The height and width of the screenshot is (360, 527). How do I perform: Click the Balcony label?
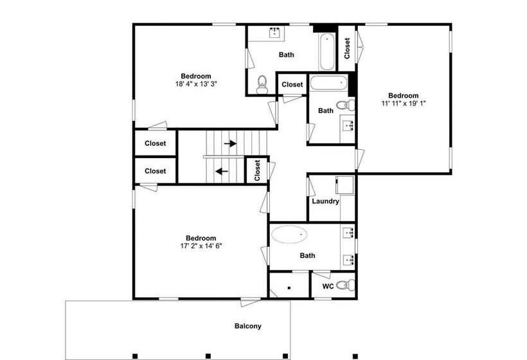247,326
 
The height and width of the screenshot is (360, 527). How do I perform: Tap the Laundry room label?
325,201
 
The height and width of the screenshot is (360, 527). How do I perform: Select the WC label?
328,286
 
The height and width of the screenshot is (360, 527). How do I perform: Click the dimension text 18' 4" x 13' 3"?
196,84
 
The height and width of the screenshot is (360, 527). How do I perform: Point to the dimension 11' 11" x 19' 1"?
404,104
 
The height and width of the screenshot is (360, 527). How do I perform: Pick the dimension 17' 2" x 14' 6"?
201,246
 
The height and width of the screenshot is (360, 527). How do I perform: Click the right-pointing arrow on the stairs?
230,143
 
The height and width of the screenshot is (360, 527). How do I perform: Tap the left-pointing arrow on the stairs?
222,172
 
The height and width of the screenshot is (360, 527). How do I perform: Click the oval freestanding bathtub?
289,234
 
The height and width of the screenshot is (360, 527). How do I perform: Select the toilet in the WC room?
345,285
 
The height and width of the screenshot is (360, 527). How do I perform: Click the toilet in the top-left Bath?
262,85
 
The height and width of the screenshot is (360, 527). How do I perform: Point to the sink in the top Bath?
275,33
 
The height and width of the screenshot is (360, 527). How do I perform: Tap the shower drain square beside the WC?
289,288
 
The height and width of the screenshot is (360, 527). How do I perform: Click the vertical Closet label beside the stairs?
258,170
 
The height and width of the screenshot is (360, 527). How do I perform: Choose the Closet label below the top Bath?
292,85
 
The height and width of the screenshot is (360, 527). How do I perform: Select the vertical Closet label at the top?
347,48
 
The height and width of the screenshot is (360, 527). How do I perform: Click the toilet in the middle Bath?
345,105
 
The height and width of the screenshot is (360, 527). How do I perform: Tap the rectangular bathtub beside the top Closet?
326,51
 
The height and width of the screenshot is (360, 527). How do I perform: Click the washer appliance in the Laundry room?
345,185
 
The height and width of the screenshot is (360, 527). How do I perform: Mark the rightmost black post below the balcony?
355,356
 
